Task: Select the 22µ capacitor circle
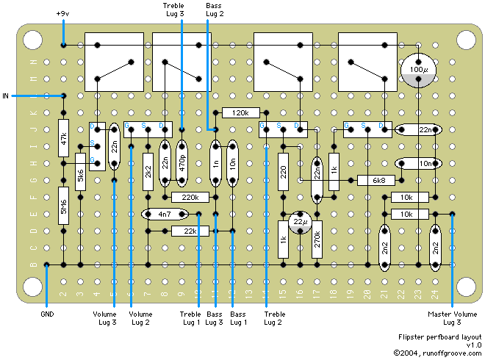click(x=300, y=222)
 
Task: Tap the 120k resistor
click(x=240, y=113)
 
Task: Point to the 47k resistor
click(x=64, y=138)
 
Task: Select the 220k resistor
click(x=190, y=197)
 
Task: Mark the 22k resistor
click(x=190, y=231)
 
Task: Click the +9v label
click(x=64, y=14)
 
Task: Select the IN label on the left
click(x=7, y=96)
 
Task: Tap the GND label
click(x=46, y=314)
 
